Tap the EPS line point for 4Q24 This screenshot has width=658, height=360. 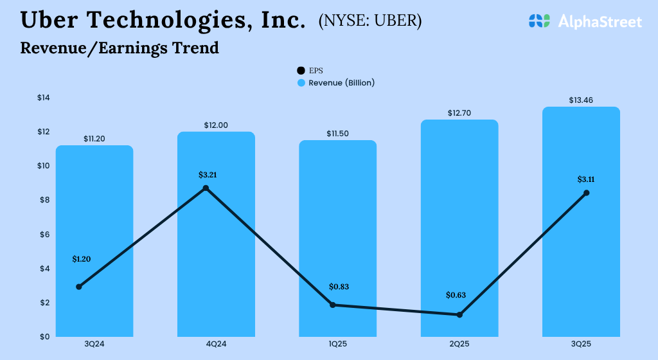(206, 188)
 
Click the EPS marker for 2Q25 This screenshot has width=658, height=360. (459, 314)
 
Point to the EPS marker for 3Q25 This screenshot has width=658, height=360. (586, 193)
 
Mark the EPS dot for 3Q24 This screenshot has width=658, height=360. (79, 287)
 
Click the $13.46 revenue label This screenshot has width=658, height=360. (581, 100)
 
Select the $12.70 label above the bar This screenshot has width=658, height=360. (459, 113)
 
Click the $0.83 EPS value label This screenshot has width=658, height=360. (339, 287)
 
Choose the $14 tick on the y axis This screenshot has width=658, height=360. (43, 98)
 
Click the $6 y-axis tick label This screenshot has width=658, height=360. (45, 234)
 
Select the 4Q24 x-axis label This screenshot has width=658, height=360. (216, 345)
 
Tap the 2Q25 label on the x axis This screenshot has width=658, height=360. (459, 345)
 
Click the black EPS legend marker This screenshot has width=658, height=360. (301, 71)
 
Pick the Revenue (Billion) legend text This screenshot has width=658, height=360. (341, 83)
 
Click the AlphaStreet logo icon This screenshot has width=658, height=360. (540, 21)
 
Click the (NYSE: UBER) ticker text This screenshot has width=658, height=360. (370, 21)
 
